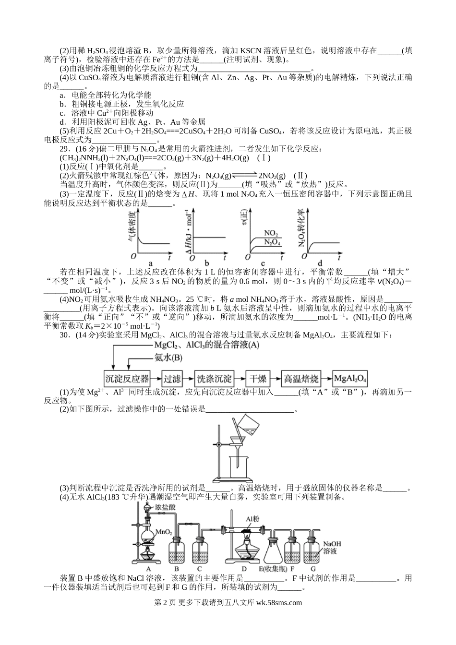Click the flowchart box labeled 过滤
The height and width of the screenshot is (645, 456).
(172, 379)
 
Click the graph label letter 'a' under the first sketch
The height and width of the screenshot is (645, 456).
(151, 263)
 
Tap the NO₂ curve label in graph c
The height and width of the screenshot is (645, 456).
(271, 233)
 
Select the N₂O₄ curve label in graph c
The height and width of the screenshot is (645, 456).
(272, 241)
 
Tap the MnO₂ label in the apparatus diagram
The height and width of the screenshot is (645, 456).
(164, 532)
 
